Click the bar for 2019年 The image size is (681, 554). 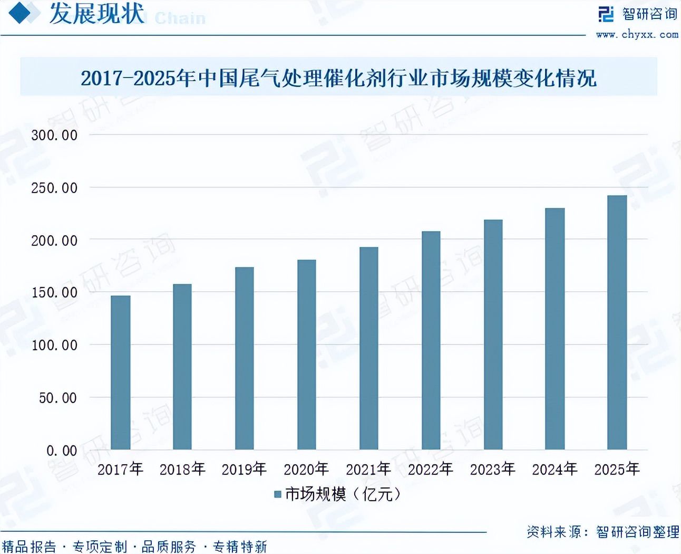tap(245, 358)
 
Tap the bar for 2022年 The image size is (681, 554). tap(431, 340)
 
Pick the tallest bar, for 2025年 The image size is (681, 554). tap(617, 322)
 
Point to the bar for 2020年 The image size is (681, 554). tap(307, 355)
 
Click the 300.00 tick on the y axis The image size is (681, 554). tap(54, 135)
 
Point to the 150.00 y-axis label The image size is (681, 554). tap(54, 292)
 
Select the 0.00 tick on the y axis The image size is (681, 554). tap(62, 451)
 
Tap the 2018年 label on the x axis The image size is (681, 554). tap(182, 469)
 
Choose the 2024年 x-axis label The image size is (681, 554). tap(554, 469)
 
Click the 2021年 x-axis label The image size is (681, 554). tap(368, 469)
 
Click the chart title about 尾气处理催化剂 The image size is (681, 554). tap(338, 78)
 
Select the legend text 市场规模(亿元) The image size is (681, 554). tap(343, 494)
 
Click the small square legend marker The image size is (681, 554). tap(278, 494)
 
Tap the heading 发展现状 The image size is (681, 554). tap(96, 13)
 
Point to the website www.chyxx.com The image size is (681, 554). tap(637, 34)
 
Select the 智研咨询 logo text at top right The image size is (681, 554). tap(649, 14)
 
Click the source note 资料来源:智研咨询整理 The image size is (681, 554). tap(602, 532)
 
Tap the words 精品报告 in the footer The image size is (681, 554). tap(29, 547)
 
